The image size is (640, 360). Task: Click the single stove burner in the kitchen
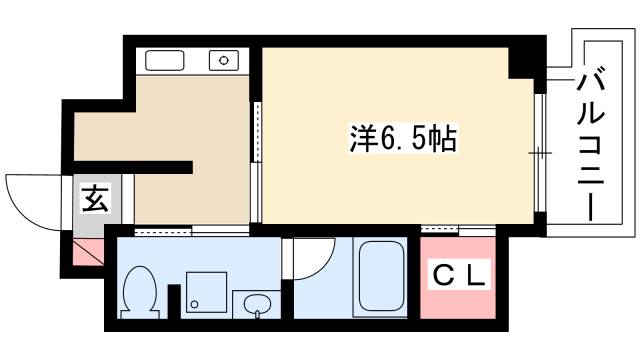pyautogui.click(x=225, y=61)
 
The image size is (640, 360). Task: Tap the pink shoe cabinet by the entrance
pyautogui.click(x=86, y=252)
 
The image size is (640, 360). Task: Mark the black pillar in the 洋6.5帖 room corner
pyautogui.click(x=523, y=62)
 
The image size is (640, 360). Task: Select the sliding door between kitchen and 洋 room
pyautogui.click(x=257, y=160)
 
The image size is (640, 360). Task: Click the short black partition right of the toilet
pyautogui.click(x=173, y=305)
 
